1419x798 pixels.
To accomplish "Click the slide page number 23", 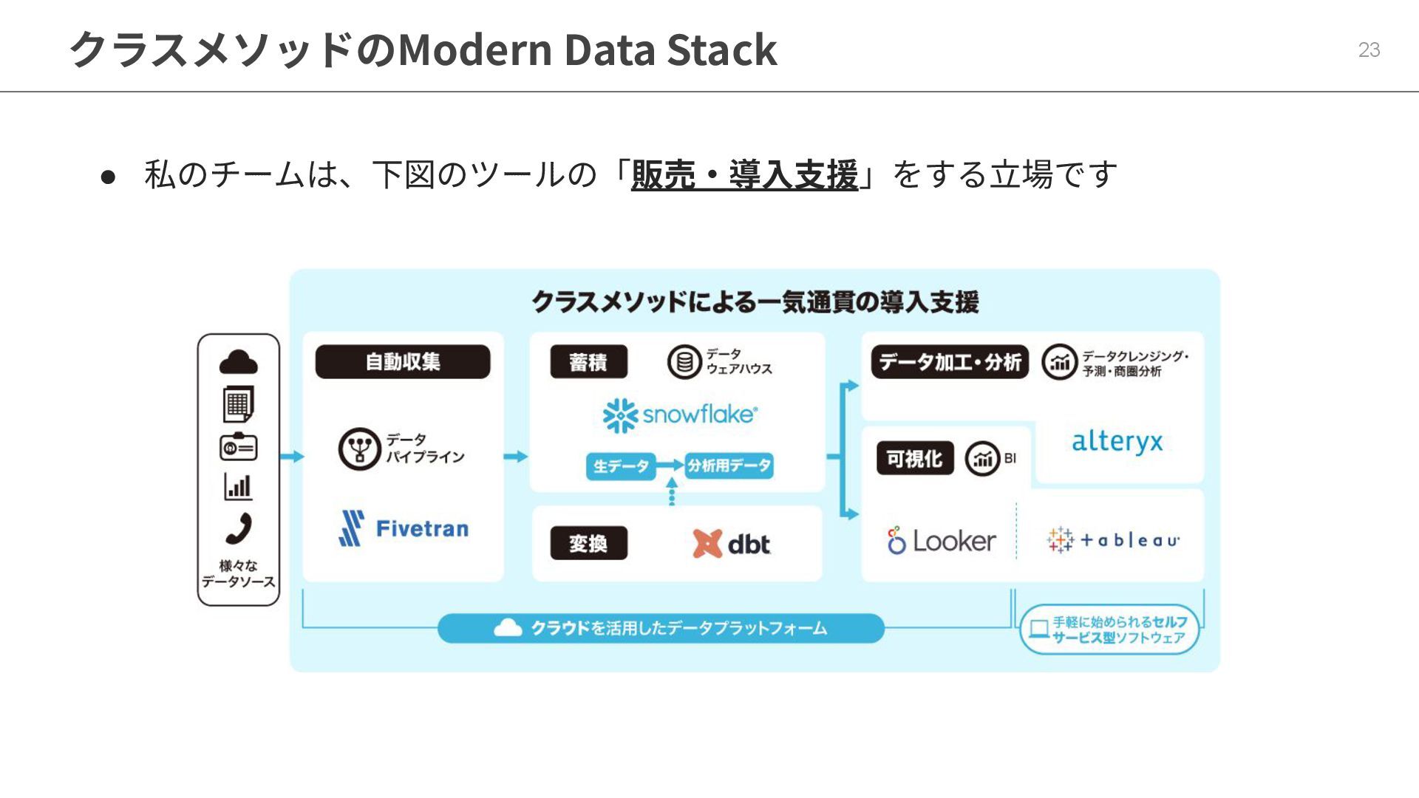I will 1369,50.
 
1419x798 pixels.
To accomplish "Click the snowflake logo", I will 680,415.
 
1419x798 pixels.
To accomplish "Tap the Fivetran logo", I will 404,528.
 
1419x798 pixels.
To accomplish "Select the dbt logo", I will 731,544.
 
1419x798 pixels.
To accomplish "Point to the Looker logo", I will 941,541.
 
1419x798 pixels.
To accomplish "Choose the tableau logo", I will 1113,540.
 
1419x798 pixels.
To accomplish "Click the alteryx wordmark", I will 1117,442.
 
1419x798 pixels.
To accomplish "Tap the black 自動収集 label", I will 403,362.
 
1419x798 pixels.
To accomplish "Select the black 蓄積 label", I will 588,362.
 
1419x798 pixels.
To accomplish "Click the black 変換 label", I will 588,544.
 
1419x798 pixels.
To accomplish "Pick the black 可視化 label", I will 914,459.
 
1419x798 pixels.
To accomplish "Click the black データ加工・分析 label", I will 950,362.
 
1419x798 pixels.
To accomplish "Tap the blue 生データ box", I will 621,466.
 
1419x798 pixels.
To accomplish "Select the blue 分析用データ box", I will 729,465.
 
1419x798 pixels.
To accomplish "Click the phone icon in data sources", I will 239,528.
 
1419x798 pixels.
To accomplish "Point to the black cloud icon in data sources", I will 239,362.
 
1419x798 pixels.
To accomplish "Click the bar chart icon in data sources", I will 238,487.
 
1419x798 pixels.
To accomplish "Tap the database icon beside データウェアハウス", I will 684,362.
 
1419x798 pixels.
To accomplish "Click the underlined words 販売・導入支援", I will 744,175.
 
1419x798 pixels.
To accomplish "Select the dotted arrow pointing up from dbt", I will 671,491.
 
